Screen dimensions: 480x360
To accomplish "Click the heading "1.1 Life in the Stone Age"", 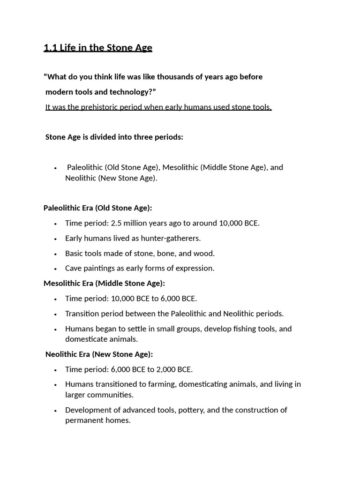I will coord(97,47).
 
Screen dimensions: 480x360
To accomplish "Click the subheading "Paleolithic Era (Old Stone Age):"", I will coord(97,208).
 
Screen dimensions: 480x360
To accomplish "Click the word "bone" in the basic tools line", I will coord(161,253).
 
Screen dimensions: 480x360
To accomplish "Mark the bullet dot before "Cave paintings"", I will coord(55,269).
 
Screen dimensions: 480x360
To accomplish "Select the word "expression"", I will coord(194,268).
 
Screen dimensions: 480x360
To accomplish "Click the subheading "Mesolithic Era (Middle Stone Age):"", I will coord(104,283).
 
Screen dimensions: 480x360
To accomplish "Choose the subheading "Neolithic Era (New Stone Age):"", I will coord(99,354).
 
